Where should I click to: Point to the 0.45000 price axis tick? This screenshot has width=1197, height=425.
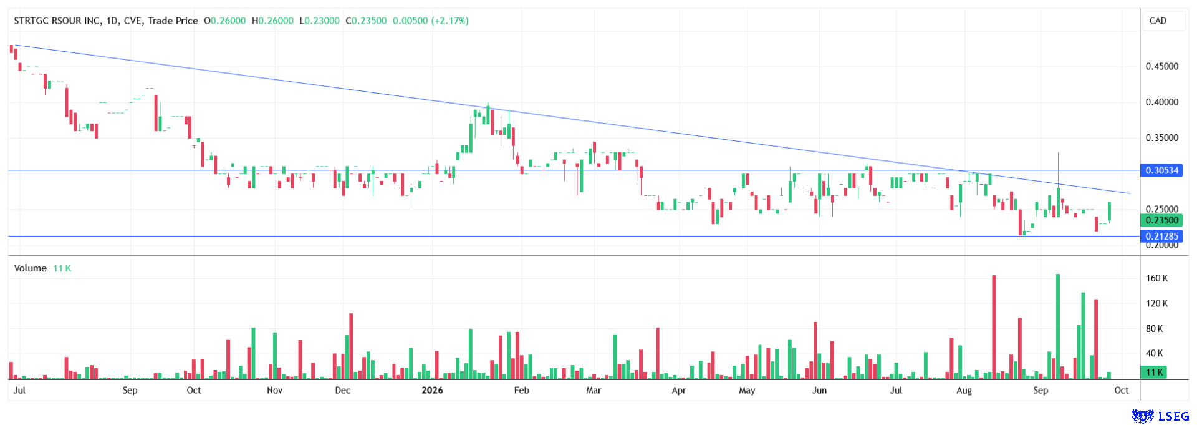(1162, 67)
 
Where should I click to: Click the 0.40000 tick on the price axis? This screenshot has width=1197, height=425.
(1162, 102)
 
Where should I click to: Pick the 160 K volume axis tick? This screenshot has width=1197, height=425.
(1157, 278)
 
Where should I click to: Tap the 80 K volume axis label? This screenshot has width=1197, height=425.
(1155, 329)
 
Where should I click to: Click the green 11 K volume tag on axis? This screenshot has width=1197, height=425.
(1155, 373)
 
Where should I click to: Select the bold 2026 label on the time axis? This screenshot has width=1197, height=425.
(432, 391)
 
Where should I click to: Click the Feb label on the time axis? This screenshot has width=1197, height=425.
(521, 391)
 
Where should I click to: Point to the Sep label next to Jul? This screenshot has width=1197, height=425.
(130, 391)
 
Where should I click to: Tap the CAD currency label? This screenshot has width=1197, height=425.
(1158, 21)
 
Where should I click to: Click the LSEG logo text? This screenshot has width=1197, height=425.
(1173, 416)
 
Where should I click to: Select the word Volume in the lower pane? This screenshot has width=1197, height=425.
(31, 268)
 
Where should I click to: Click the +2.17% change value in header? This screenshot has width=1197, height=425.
(450, 21)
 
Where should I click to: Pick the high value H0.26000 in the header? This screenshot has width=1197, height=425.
(272, 21)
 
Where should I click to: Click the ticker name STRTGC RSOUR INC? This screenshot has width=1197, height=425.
(57, 21)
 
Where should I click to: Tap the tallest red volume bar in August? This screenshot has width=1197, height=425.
(994, 328)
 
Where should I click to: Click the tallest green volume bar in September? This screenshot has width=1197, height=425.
(1058, 327)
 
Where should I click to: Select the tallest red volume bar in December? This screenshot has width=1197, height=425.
(351, 346)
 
